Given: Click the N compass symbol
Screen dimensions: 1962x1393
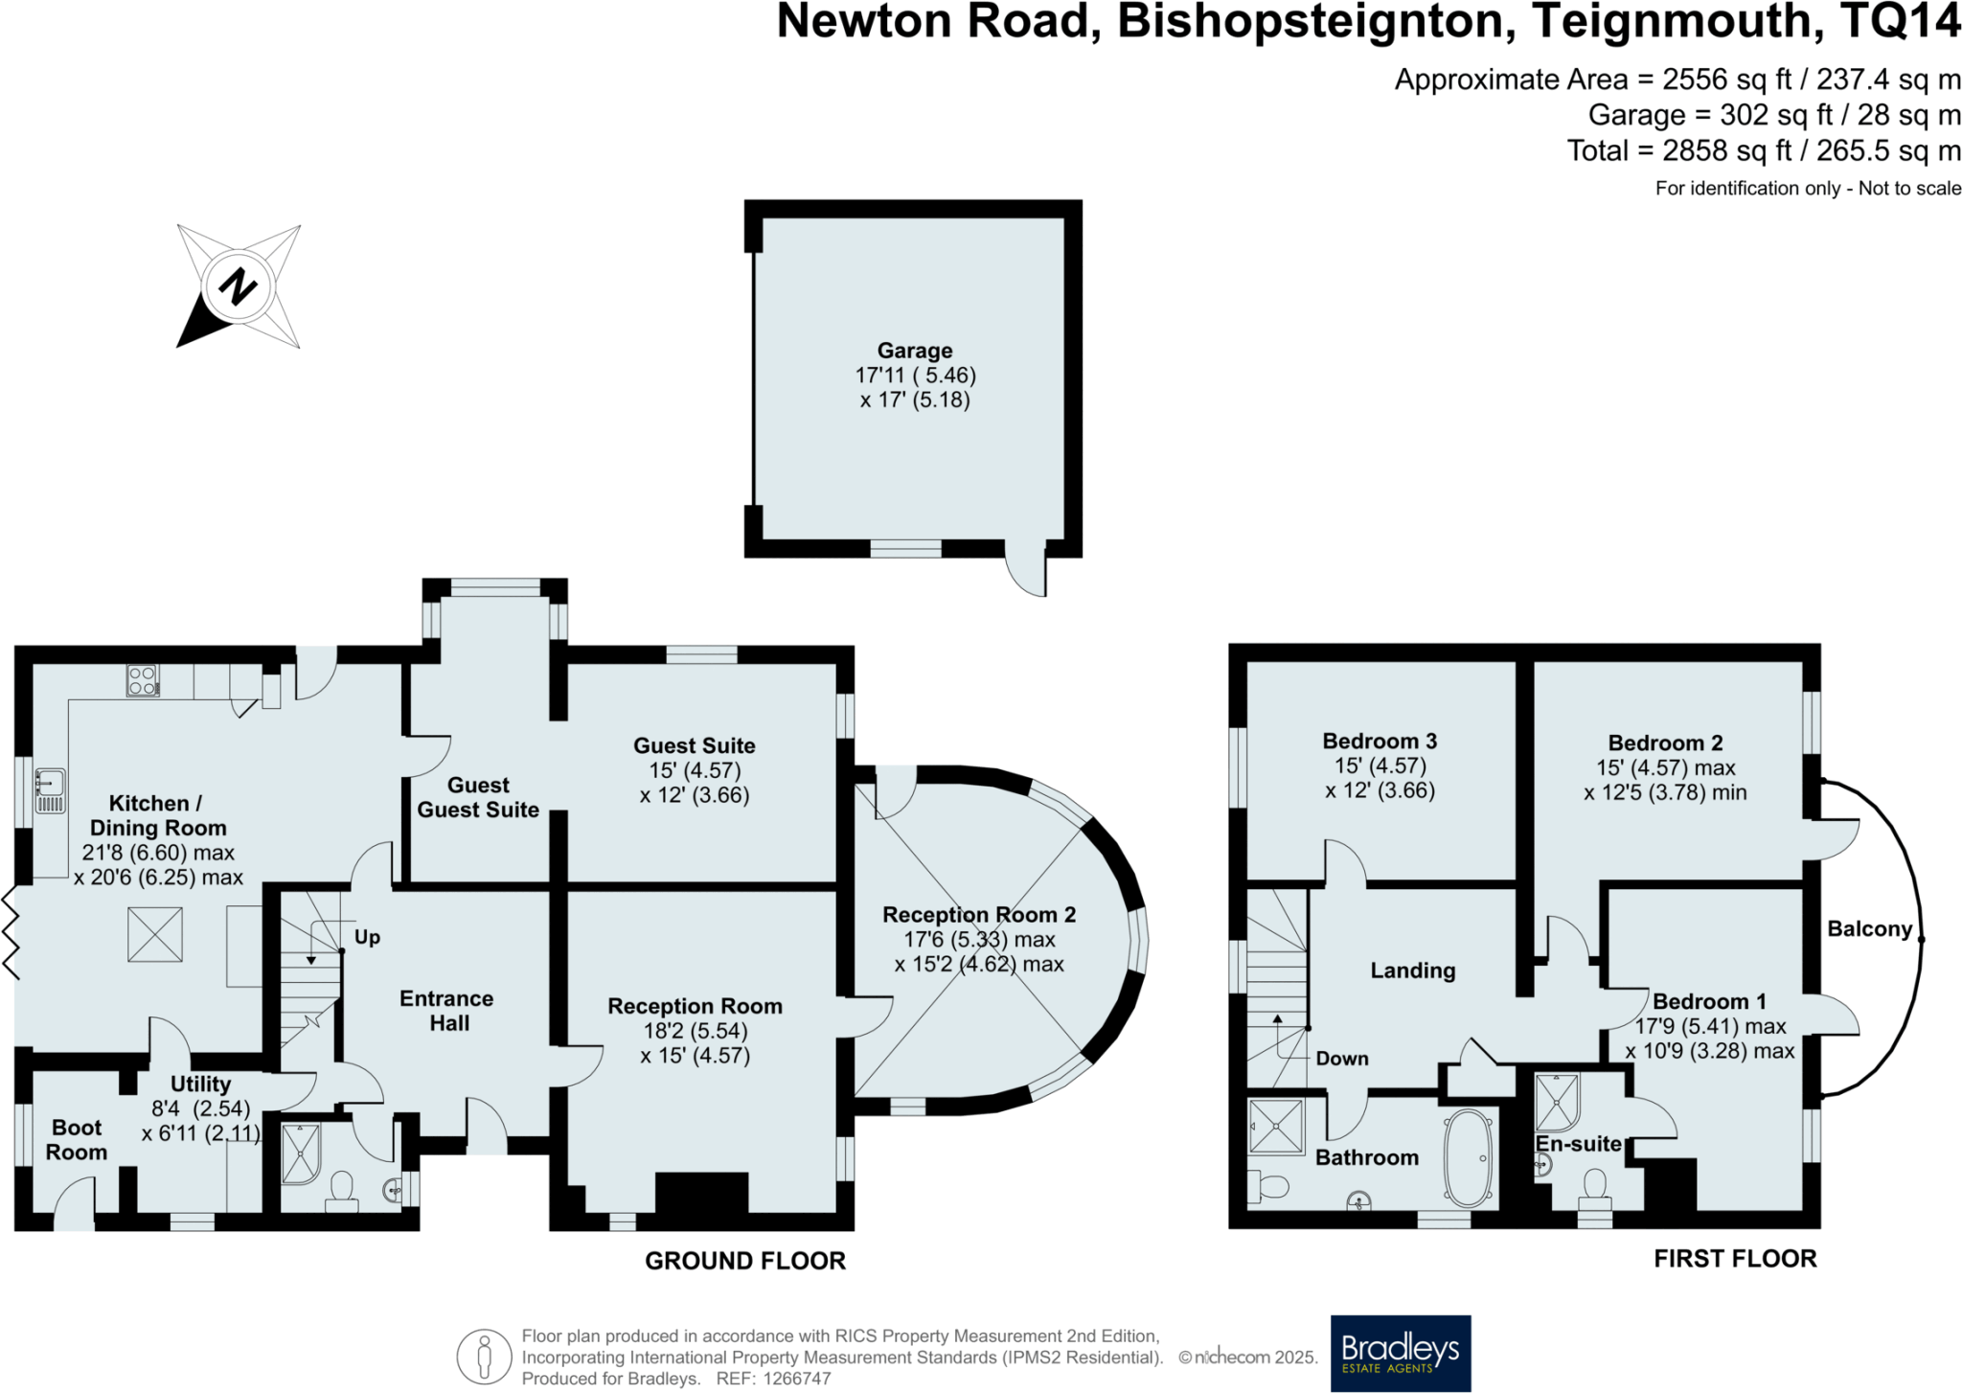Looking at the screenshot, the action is click(x=239, y=285).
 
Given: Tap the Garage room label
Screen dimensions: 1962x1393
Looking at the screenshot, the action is click(x=915, y=351).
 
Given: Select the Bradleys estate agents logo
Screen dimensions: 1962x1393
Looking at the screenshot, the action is click(x=1401, y=1353).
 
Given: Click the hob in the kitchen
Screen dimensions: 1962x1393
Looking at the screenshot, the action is click(x=143, y=680).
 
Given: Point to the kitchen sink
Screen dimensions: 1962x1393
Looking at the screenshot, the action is click(x=50, y=790).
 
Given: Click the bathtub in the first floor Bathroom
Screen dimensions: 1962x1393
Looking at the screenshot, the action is click(x=1469, y=1157).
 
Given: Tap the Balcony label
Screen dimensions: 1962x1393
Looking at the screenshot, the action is click(x=1869, y=928).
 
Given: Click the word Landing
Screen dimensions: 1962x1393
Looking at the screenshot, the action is click(x=1413, y=971).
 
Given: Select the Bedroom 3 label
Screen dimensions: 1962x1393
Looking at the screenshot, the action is click(x=1380, y=741).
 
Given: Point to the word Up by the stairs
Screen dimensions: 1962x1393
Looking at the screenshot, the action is click(x=367, y=937).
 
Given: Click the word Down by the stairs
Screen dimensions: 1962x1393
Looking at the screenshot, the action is click(x=1342, y=1059).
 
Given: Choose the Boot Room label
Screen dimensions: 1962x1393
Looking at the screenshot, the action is click(x=77, y=1140).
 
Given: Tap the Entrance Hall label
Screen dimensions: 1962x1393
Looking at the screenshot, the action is click(x=447, y=1011).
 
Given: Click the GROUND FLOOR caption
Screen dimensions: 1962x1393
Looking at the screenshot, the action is click(x=745, y=1261).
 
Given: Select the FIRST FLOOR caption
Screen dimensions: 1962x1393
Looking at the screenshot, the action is click(x=1735, y=1259).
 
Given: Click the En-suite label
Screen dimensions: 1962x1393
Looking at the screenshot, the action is click(x=1578, y=1144).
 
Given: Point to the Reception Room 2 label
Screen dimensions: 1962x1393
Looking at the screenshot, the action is click(x=979, y=915).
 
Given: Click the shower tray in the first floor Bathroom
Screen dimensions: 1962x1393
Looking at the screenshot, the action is click(x=1277, y=1127).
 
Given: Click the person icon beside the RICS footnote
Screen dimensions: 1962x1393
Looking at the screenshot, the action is click(x=485, y=1357).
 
